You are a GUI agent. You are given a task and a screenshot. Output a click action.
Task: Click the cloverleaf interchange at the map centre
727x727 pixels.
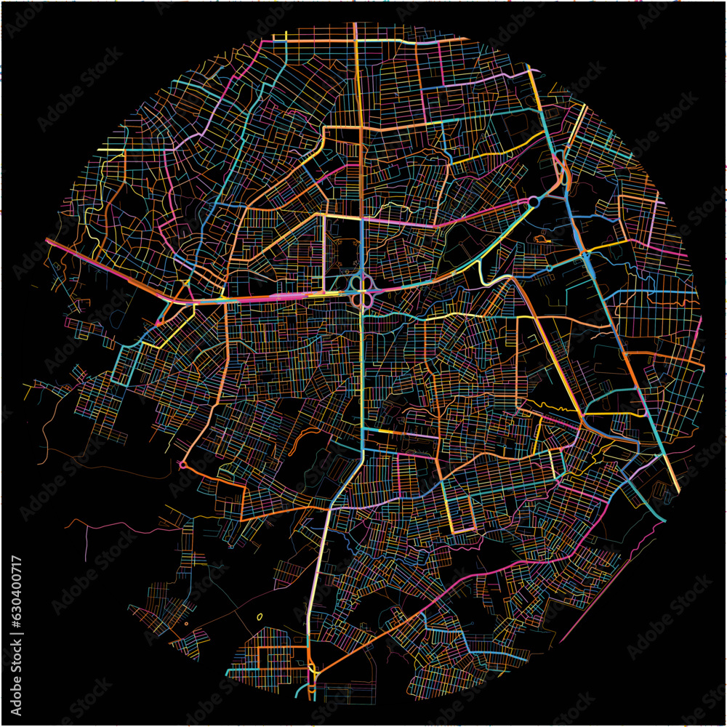click(361, 290)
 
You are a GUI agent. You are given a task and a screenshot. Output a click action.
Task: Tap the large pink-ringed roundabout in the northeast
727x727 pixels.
click(534, 201)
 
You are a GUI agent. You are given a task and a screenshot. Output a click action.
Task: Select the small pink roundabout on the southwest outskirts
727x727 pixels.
click(182, 464)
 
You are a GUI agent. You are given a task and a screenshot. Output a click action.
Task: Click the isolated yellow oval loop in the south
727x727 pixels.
click(260, 617)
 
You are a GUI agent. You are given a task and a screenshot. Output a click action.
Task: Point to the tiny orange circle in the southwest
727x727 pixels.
click(187, 623)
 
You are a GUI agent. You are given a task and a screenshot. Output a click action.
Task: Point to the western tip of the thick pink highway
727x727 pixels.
click(49, 241)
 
